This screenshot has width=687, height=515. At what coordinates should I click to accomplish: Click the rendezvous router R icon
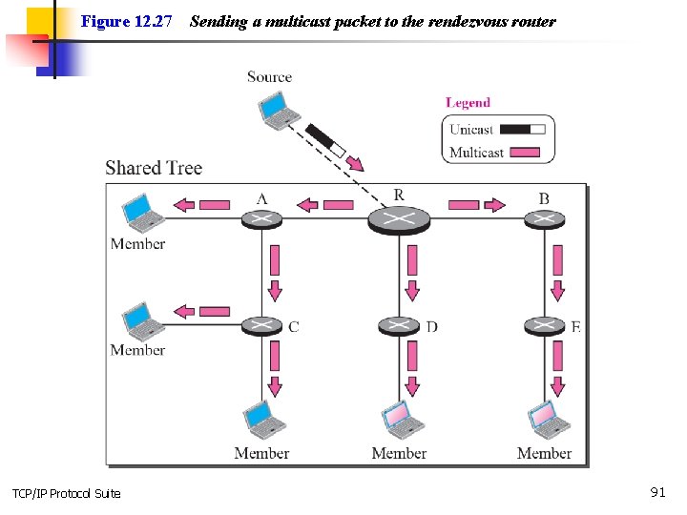[399, 220]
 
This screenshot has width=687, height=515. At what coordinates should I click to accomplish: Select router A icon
[261, 219]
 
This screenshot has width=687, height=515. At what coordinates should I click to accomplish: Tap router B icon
[544, 219]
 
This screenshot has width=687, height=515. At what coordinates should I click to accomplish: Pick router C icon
[261, 326]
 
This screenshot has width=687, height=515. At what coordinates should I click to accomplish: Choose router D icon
[399, 326]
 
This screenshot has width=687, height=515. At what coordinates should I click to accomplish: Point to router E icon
[544, 326]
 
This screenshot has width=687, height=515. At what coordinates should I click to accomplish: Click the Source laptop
[279, 111]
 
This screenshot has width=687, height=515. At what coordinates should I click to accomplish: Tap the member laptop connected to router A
[142, 213]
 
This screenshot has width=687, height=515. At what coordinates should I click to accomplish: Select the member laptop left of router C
[142, 321]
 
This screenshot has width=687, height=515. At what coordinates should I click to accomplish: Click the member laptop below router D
[402, 420]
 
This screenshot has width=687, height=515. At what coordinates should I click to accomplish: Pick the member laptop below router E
[548, 420]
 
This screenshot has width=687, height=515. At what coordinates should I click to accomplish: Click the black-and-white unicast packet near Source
[325, 140]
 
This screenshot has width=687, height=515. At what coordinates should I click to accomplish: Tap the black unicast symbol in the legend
[523, 129]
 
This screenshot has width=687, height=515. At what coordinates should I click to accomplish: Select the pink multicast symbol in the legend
[525, 152]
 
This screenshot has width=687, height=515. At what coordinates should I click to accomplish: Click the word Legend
[468, 103]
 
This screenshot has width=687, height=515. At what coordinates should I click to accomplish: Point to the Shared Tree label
[154, 168]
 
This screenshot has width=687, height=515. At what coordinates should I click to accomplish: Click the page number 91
[658, 492]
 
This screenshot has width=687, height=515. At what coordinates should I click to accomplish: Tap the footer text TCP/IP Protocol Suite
[67, 494]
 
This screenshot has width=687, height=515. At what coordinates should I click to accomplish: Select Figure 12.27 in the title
[126, 21]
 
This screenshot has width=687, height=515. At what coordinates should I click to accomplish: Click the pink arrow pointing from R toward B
[477, 204]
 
